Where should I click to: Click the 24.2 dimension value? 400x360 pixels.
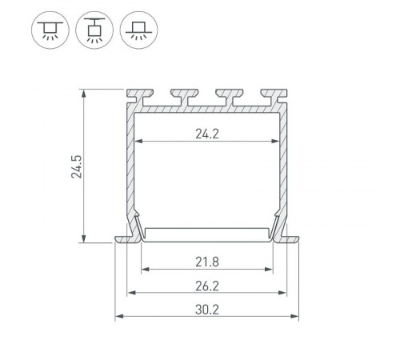(x=207, y=134)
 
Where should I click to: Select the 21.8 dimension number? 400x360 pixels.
(x=207, y=261)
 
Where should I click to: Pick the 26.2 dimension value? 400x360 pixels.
(x=207, y=285)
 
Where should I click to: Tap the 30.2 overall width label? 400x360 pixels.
(x=207, y=309)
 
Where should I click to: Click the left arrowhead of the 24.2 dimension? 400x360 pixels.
(x=137, y=142)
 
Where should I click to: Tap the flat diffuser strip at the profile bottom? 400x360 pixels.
(x=207, y=233)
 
